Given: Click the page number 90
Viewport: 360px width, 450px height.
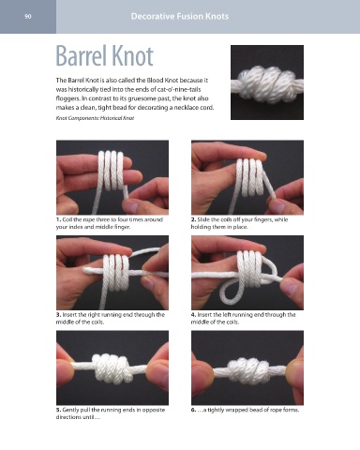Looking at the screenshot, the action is click(28, 17).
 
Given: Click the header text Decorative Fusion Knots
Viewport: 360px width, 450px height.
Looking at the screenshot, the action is click(180, 16).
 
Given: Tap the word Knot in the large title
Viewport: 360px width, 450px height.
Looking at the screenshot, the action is click(132, 56).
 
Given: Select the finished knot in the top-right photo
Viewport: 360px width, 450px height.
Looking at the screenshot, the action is click(267, 84).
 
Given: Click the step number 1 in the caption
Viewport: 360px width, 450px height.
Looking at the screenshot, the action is click(58, 219).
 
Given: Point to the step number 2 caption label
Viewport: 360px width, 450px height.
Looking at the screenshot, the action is click(193, 219).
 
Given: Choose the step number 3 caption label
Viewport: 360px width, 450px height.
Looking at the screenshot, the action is click(58, 315).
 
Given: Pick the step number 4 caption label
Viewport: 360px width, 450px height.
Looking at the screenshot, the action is click(193, 315).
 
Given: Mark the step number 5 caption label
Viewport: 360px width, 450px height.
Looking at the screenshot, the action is click(58, 410).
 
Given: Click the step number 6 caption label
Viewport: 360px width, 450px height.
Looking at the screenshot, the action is click(193, 410).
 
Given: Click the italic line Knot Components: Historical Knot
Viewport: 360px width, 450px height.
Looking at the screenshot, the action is click(95, 118).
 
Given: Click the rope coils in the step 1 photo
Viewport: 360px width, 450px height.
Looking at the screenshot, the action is click(112, 171).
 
